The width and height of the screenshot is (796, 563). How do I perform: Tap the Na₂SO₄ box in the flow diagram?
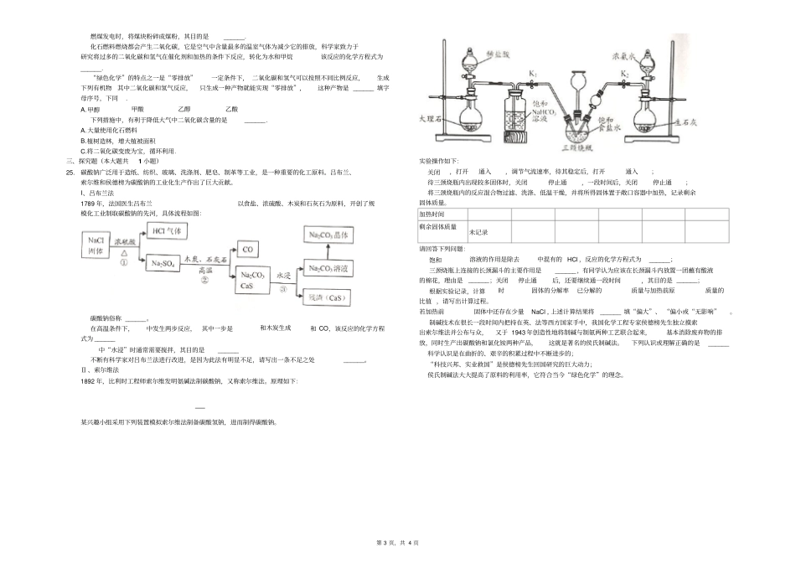click(164, 266)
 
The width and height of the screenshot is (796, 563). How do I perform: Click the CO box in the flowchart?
click(248, 249)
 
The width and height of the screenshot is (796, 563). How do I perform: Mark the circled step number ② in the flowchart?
click(204, 281)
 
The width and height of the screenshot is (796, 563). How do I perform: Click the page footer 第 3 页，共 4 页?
click(398, 545)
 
